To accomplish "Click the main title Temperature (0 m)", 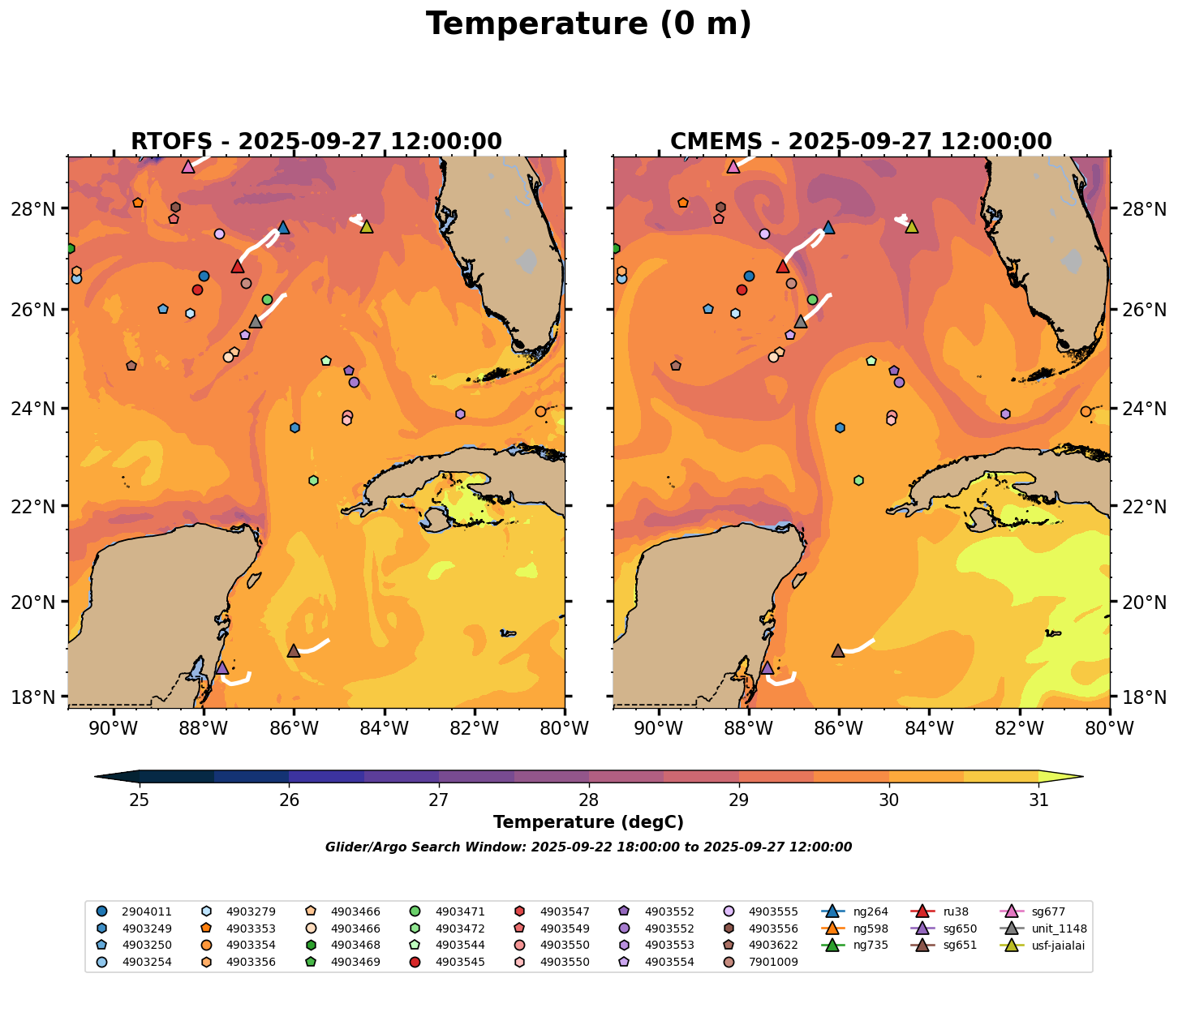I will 588,24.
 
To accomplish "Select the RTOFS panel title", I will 316,142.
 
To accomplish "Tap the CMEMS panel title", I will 861,142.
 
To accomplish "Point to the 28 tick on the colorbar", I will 589,800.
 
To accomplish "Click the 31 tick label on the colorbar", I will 1038,800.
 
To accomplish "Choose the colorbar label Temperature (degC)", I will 588,822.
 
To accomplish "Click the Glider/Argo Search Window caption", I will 588,847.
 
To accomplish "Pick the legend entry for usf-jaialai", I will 1055,946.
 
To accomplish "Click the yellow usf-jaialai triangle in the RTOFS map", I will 367,227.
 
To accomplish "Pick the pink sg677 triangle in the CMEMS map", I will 733,167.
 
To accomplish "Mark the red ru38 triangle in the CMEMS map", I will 783,267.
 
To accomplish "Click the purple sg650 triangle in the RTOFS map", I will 221,667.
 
